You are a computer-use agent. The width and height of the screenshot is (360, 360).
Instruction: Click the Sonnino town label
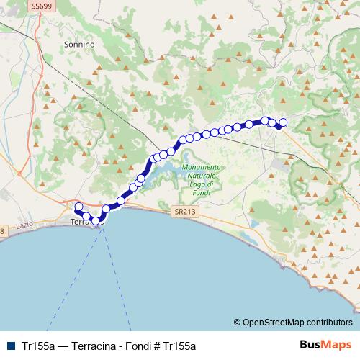[x=79, y=44]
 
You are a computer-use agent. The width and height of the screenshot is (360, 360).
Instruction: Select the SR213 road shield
[x=185, y=212]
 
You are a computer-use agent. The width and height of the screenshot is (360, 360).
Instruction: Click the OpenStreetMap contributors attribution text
[x=294, y=323]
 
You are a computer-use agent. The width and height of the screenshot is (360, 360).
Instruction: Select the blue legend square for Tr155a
[x=10, y=346]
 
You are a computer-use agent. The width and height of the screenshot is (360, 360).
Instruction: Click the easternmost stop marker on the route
[x=283, y=122]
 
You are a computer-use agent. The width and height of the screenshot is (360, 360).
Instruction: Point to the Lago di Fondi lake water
[x=162, y=173]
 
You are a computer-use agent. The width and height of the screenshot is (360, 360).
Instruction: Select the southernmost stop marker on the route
[x=95, y=220]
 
